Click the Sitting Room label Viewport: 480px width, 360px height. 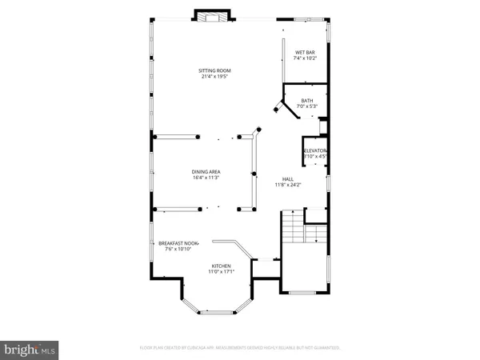214,71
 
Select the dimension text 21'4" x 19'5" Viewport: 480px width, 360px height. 214,78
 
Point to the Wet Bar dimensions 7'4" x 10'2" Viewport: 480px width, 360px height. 306,58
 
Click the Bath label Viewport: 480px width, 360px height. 307,100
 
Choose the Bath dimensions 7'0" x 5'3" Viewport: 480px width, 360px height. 307,106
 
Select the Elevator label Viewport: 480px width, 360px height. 314,150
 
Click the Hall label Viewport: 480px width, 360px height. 287,178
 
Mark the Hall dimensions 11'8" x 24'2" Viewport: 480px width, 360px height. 287,185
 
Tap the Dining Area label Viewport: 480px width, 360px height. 206,171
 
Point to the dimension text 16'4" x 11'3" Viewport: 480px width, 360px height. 206,178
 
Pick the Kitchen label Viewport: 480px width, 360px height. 222,266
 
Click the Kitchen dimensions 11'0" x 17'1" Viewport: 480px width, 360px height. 222,272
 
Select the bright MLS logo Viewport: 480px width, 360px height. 30,348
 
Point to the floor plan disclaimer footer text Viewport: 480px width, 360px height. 239,348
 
